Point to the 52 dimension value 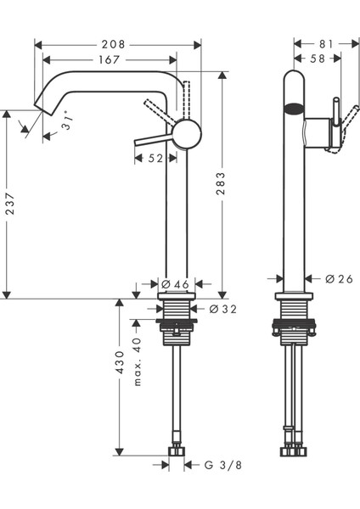155,157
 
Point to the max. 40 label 137,362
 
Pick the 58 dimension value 318,60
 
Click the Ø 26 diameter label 339,278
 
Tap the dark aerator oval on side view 293,108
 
